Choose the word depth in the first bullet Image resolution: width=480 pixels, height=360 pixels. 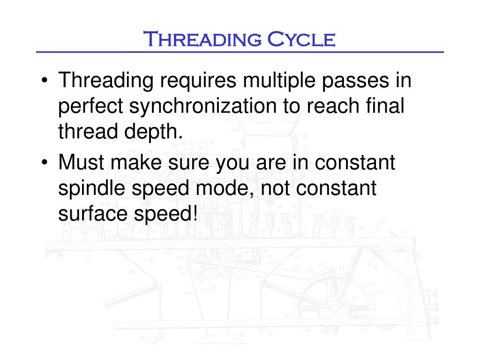click(155, 133)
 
